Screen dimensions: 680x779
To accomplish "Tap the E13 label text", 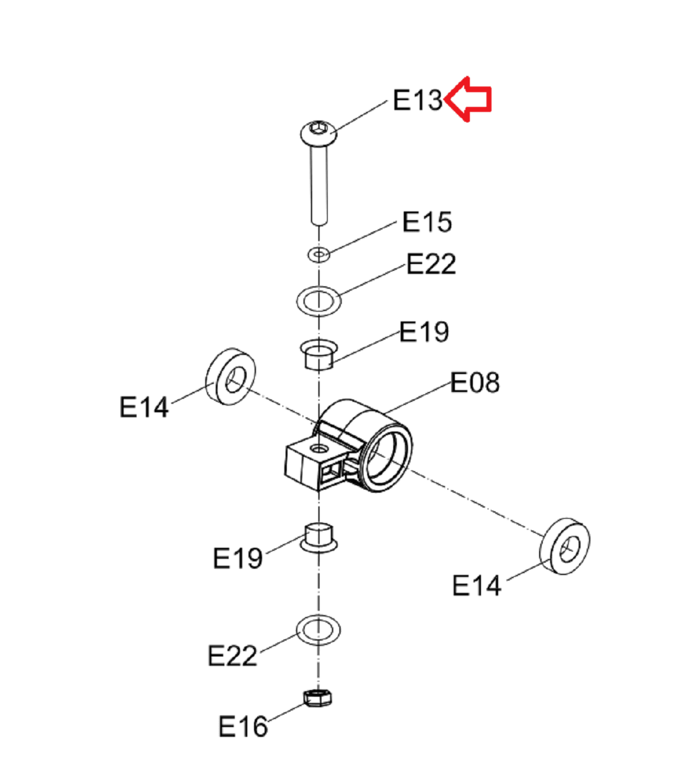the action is [x=418, y=100].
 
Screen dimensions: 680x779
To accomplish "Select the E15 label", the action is [x=427, y=221].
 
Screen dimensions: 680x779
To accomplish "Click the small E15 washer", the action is [x=319, y=254].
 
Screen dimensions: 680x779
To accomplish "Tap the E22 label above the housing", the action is [x=431, y=263].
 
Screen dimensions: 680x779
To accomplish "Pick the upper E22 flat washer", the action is [x=319, y=301].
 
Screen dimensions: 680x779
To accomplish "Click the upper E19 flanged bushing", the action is [x=319, y=354].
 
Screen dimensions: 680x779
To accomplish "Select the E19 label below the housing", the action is [x=238, y=558].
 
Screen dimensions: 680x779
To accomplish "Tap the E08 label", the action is [x=475, y=382].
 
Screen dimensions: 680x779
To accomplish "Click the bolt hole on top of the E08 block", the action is [x=319, y=449].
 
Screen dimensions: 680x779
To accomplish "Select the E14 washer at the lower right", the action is [x=565, y=546].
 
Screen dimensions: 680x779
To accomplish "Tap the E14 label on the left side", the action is [x=144, y=407].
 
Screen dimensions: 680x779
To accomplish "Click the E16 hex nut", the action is [x=318, y=698].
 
